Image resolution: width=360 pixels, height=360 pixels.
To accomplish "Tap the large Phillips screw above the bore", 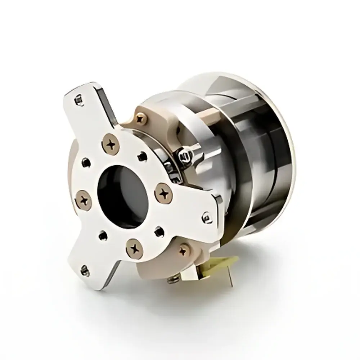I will [x=112, y=144].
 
